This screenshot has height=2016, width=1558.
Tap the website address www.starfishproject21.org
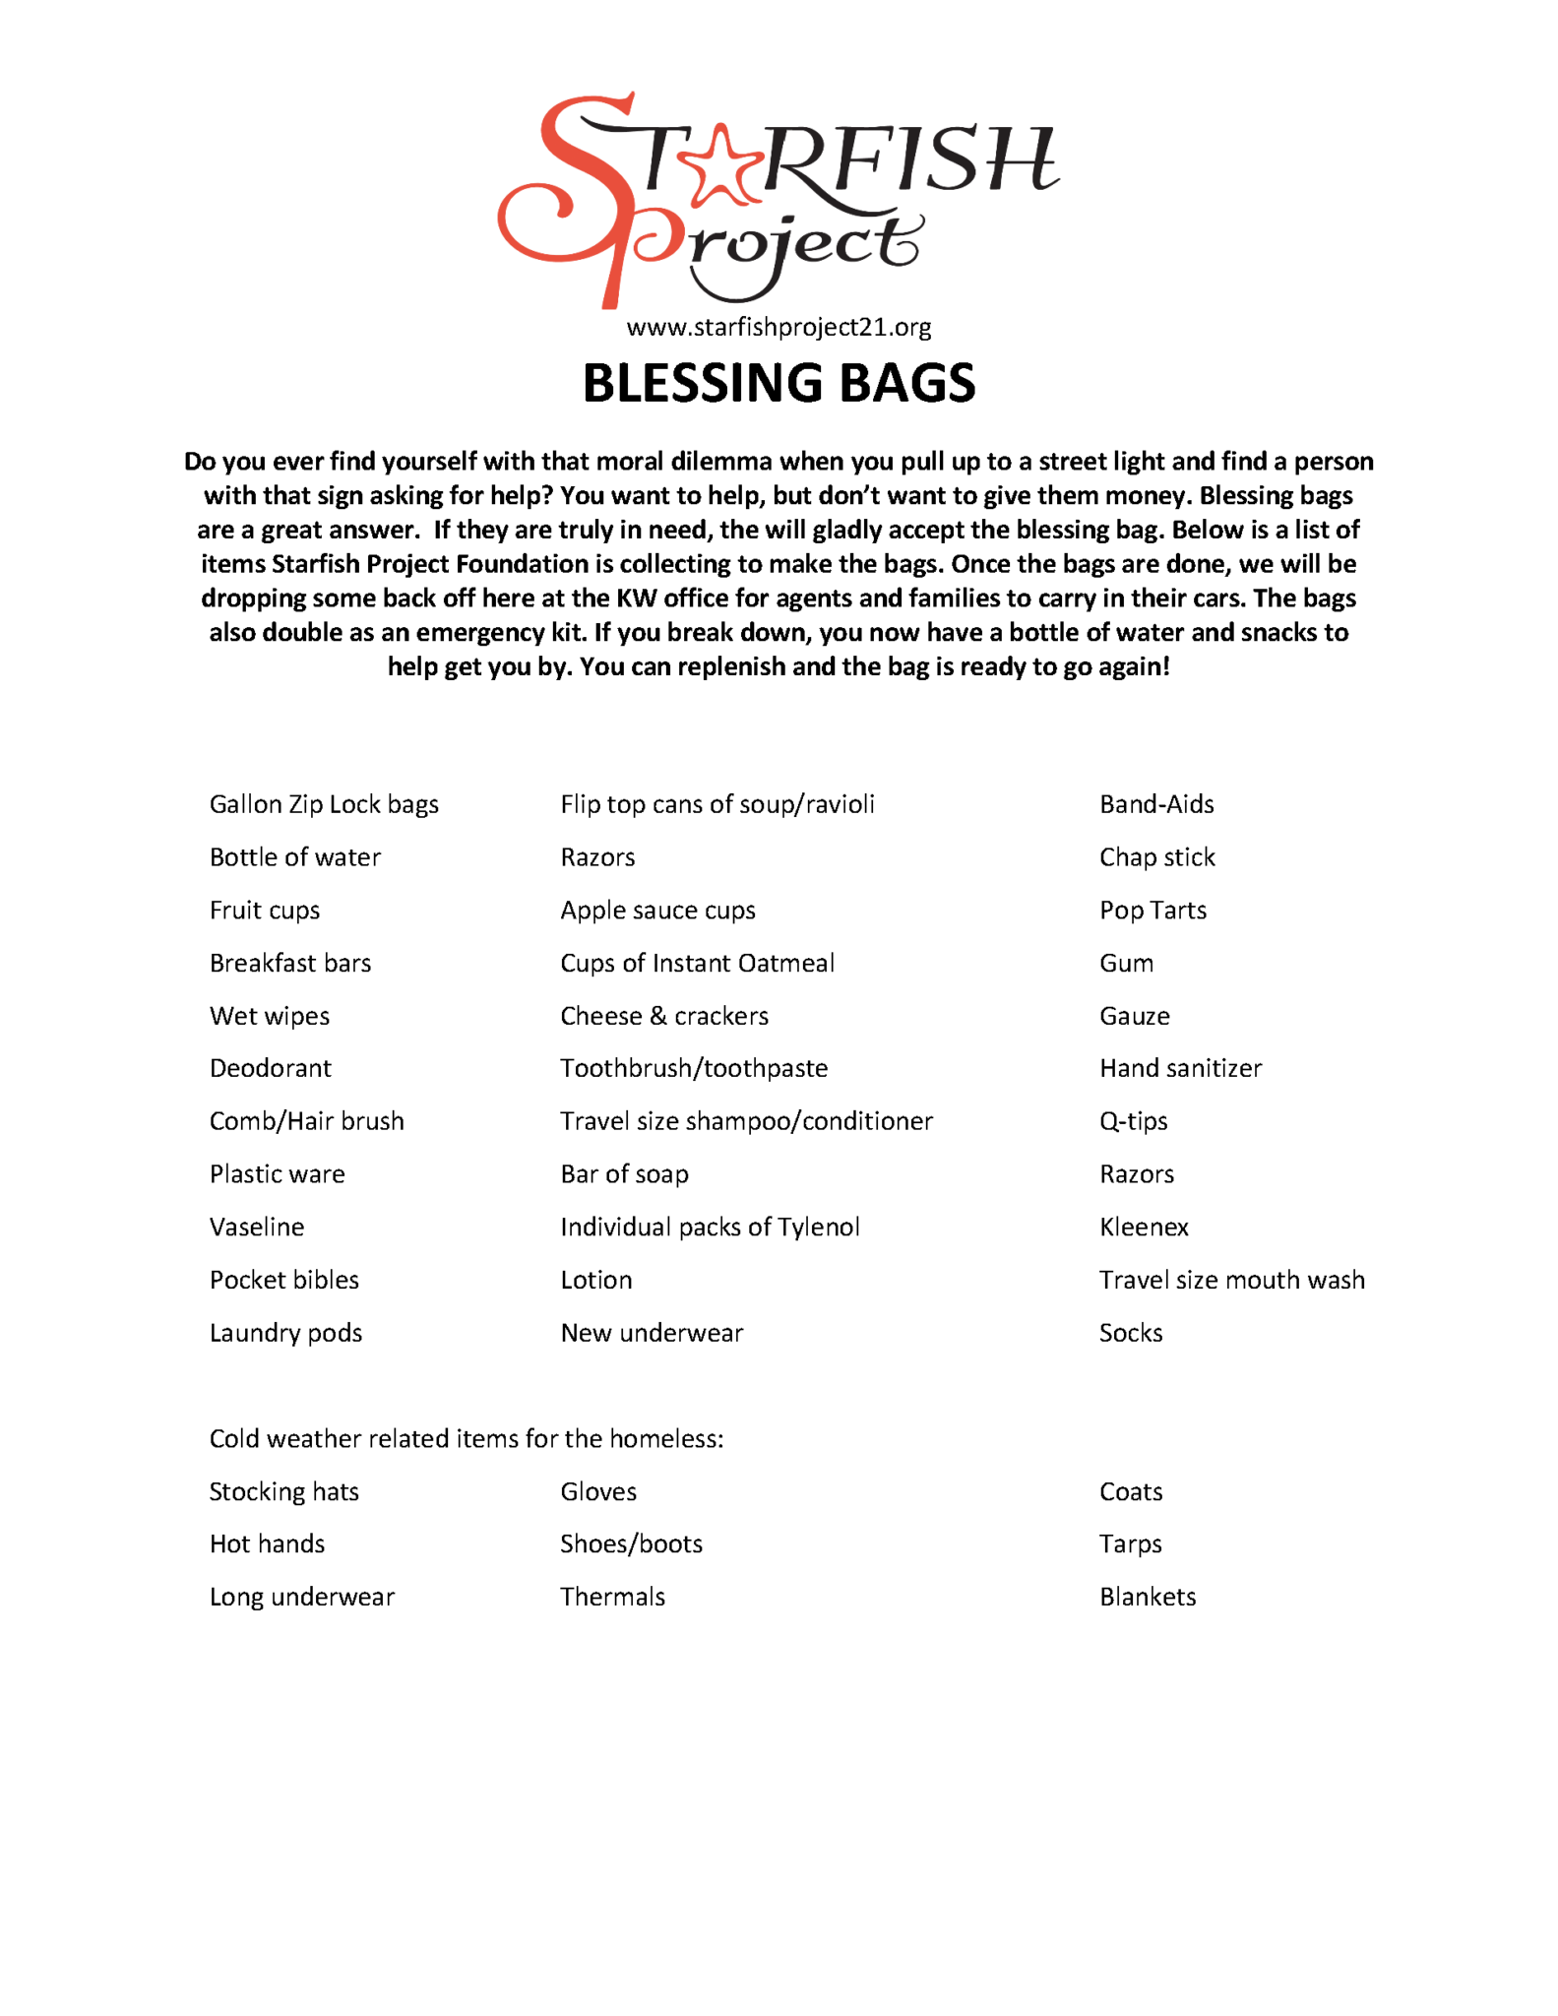tap(779, 327)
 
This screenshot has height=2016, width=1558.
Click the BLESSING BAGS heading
tap(779, 383)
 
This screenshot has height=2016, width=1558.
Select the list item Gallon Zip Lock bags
tap(324, 804)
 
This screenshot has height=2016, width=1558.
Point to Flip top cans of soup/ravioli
tap(717, 804)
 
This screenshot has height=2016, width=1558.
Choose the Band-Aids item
tap(1156, 804)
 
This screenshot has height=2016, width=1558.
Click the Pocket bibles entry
tap(284, 1280)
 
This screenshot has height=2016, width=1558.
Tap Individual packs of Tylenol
tap(710, 1227)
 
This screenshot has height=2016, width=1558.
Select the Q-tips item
tap(1134, 1121)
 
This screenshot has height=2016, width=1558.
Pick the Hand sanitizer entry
tap(1180, 1068)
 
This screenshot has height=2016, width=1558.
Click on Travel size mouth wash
tap(1232, 1280)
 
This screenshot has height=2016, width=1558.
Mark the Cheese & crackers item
tap(664, 1016)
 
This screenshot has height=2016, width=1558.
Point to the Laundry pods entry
tap(285, 1333)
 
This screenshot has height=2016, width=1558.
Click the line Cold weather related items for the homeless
tap(467, 1439)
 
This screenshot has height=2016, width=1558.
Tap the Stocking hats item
tap(284, 1492)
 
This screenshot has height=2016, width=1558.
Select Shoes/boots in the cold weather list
tap(632, 1543)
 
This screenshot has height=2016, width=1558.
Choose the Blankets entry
tap(1148, 1597)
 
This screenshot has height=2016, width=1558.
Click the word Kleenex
tap(1144, 1227)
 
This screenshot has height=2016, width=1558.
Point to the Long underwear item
tap(302, 1597)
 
